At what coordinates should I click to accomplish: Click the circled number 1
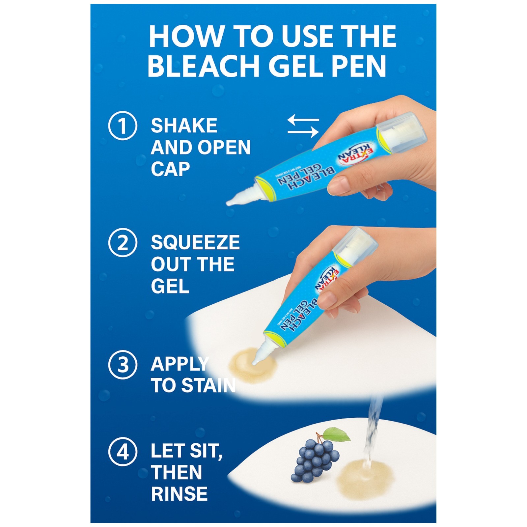(123, 126)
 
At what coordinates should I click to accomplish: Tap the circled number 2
(123, 243)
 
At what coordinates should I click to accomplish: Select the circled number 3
(123, 365)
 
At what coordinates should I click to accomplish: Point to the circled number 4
(123, 452)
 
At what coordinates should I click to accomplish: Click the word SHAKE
(184, 126)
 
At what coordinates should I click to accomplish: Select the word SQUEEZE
(195, 243)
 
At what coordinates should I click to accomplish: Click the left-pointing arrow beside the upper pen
(303, 120)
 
